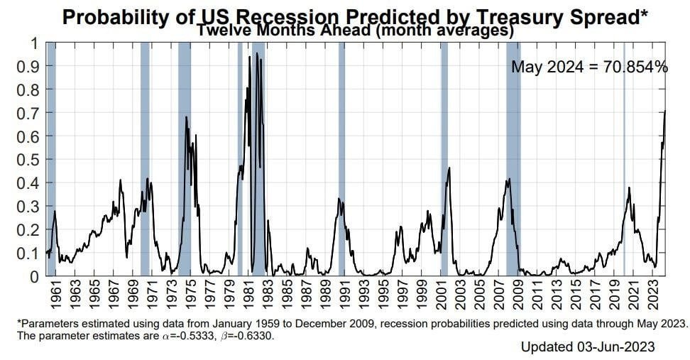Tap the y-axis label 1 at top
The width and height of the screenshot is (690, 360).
33,43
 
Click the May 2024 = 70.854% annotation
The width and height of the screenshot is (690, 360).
589,67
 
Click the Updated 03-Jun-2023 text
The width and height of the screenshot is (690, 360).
588,347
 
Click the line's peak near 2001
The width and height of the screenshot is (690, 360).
449,168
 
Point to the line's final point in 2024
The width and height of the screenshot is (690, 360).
665,111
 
